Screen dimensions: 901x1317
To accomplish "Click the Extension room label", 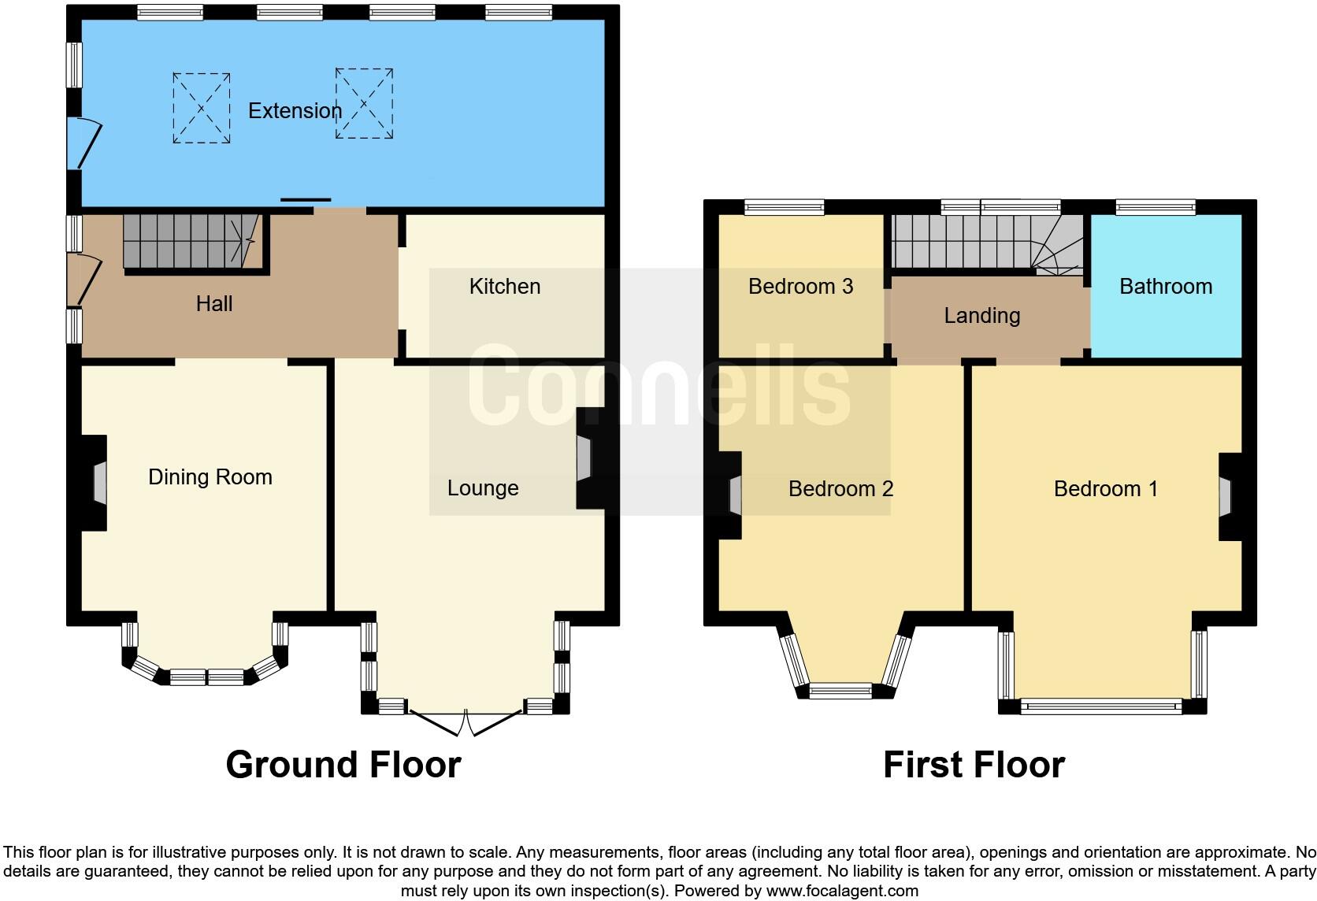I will [295, 111].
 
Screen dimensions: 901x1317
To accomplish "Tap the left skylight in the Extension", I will [202, 108].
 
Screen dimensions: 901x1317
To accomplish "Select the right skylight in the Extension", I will [364, 103].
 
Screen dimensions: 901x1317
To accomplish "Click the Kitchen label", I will [504, 287].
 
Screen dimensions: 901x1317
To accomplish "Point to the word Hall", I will [214, 304].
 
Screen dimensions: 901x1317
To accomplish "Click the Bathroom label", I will [1165, 287].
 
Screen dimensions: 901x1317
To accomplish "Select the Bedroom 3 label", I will [800, 287].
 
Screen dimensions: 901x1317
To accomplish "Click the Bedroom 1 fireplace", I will [1226, 496].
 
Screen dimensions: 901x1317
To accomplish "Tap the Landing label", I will [981, 316].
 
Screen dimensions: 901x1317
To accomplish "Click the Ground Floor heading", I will [343, 765].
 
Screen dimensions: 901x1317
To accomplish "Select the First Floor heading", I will [974, 765].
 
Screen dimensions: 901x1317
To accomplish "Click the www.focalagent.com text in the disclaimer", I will [841, 891].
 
